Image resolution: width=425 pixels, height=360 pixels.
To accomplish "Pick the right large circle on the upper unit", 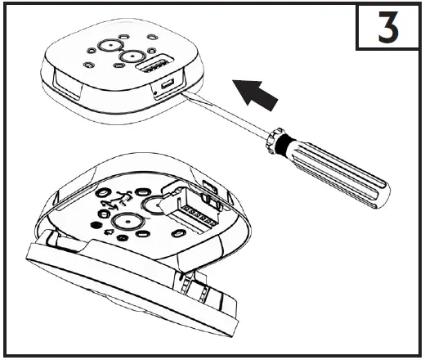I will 129,57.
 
